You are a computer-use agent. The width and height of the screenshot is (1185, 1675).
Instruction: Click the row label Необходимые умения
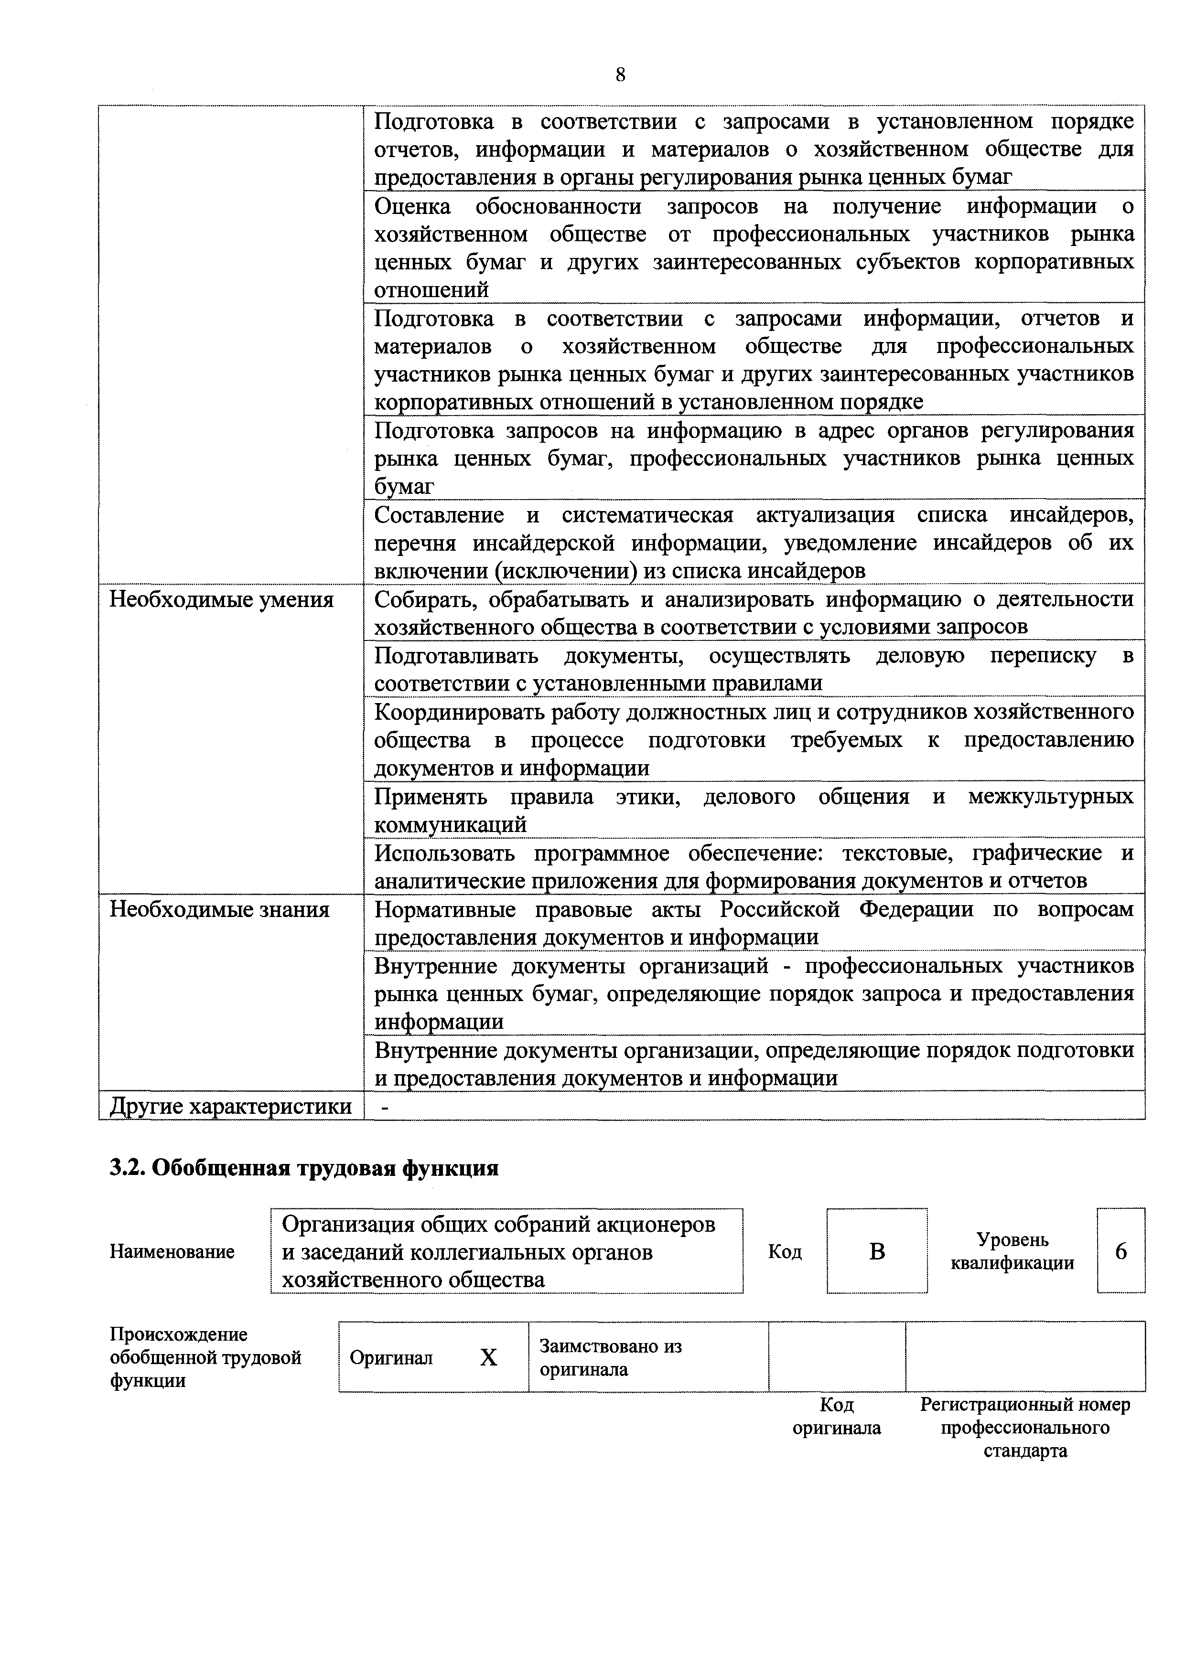pyautogui.click(x=221, y=600)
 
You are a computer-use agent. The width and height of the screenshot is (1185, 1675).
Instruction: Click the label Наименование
pyautogui.click(x=172, y=1252)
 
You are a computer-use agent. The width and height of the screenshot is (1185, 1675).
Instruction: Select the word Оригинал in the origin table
pyautogui.click(x=391, y=1358)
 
